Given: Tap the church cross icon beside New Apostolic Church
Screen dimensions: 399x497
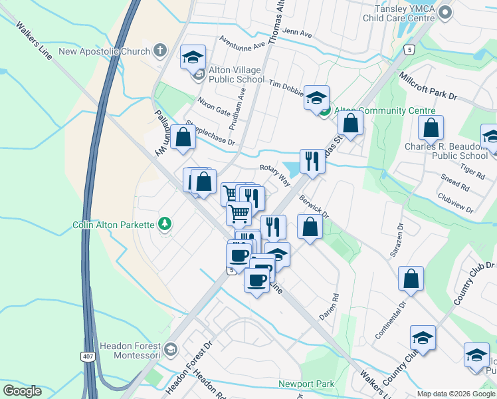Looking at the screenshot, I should click(x=159, y=51).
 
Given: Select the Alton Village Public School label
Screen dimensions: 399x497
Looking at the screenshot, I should click(x=237, y=74).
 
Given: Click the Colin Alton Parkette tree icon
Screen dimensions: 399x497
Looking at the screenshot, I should click(x=164, y=225).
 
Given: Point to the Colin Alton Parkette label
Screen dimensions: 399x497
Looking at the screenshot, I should click(x=112, y=225).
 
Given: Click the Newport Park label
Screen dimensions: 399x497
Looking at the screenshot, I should click(x=306, y=384).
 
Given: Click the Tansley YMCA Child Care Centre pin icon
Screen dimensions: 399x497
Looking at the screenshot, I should click(x=446, y=13).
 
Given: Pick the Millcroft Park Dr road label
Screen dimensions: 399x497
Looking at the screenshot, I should click(x=429, y=87).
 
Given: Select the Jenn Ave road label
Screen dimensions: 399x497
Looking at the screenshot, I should click(x=297, y=32).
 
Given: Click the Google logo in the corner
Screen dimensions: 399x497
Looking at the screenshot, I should click(x=23, y=391).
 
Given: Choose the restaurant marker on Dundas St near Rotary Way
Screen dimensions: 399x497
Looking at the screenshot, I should click(x=311, y=160).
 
